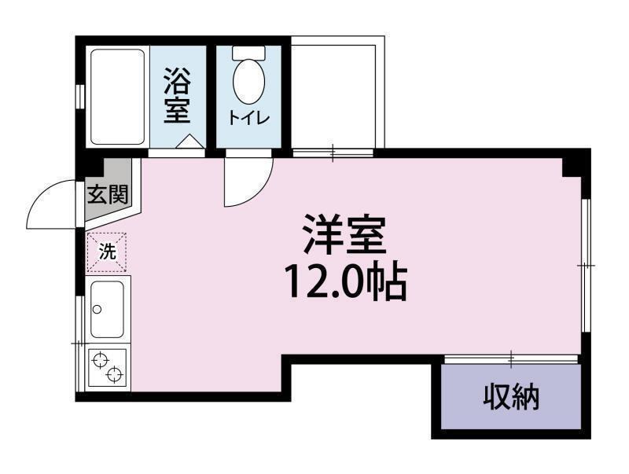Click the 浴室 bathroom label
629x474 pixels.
click(x=177, y=96)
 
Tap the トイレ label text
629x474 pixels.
click(x=249, y=118)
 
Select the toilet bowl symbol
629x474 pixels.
click(x=249, y=81)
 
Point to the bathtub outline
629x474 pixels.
click(x=117, y=96)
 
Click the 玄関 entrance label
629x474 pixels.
click(x=106, y=194)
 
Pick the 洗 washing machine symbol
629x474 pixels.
click(x=108, y=252)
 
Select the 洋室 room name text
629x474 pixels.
click(x=344, y=233)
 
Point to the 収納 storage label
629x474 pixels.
click(x=510, y=398)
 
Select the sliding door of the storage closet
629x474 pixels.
click(x=511, y=360)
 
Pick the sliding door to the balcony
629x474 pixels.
click(x=333, y=152)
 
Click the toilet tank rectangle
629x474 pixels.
click(x=249, y=53)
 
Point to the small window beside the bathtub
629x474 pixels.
click(x=79, y=94)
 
